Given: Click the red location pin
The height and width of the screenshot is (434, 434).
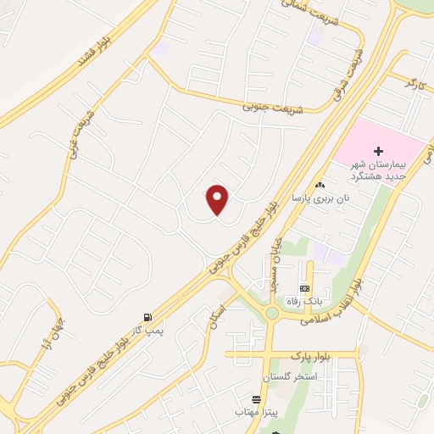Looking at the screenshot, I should (x=218, y=200).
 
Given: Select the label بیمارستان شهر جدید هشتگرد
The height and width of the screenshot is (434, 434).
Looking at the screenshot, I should (x=381, y=170).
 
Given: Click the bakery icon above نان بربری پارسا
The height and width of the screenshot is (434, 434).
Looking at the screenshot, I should (x=320, y=185).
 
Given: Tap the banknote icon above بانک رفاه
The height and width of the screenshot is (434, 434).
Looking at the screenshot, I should (x=303, y=289).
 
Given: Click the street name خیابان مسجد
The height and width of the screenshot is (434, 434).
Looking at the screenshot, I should (x=275, y=263).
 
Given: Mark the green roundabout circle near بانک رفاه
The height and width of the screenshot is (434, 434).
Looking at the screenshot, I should (x=272, y=314).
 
